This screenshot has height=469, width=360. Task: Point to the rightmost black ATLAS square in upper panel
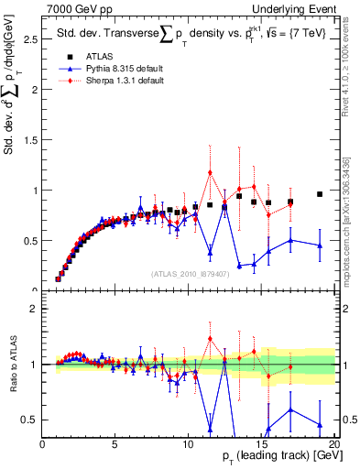(320, 194)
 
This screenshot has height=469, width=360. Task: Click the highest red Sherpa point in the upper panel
(210, 172)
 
